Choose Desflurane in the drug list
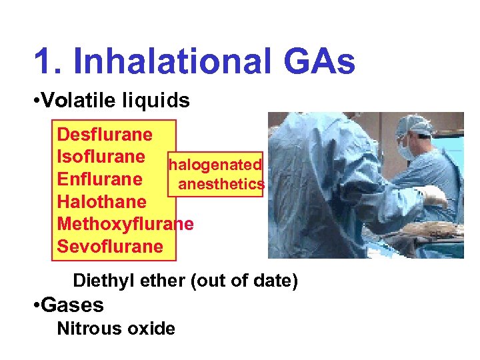[x=105, y=135]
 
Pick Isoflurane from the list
[x=101, y=157]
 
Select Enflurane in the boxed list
[x=100, y=179]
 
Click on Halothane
[x=102, y=201]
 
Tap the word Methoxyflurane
[x=125, y=224]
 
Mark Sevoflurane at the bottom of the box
[x=110, y=246]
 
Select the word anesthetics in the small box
[x=221, y=184]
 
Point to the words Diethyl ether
[x=129, y=281]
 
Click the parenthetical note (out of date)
[x=244, y=281]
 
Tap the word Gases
[x=72, y=305]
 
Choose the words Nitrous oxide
[x=116, y=329]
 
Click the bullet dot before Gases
[x=36, y=306]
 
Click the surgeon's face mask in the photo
[x=405, y=148]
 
